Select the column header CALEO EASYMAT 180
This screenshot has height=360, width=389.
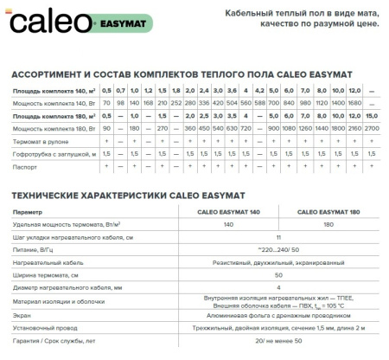[x=329, y=212]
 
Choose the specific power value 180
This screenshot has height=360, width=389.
[x=329, y=224]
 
